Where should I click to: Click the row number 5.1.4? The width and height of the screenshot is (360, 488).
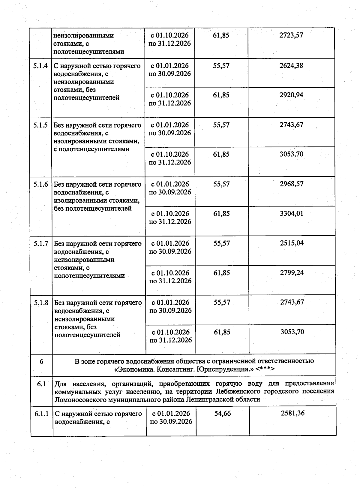tap(40, 66)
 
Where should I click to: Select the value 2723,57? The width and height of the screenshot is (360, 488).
tap(291, 35)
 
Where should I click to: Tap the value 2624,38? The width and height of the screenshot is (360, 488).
tap(291, 65)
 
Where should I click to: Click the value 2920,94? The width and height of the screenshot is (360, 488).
tap(291, 95)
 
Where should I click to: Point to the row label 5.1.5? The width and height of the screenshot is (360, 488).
tap(40, 125)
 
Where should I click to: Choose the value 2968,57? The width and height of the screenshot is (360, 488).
tap(292, 184)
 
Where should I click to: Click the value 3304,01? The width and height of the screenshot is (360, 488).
tap(292, 213)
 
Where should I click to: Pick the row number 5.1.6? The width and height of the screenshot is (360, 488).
tap(41, 184)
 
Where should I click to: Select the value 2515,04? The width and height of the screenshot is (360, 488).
tap(292, 243)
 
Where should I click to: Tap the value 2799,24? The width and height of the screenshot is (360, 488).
tap(292, 273)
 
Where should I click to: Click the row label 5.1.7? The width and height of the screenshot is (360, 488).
tap(41, 243)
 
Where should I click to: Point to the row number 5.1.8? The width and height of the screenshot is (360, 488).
tap(41, 303)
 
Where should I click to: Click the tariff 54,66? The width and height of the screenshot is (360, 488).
tap(223, 413)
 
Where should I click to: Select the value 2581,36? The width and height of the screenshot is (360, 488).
tap(292, 413)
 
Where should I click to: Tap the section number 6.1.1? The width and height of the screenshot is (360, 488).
tap(41, 414)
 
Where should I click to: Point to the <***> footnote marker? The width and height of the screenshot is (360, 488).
tap(265, 369)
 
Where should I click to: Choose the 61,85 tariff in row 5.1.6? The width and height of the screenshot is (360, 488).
tap(222, 214)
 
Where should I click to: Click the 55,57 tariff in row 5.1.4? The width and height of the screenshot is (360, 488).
tap(221, 66)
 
